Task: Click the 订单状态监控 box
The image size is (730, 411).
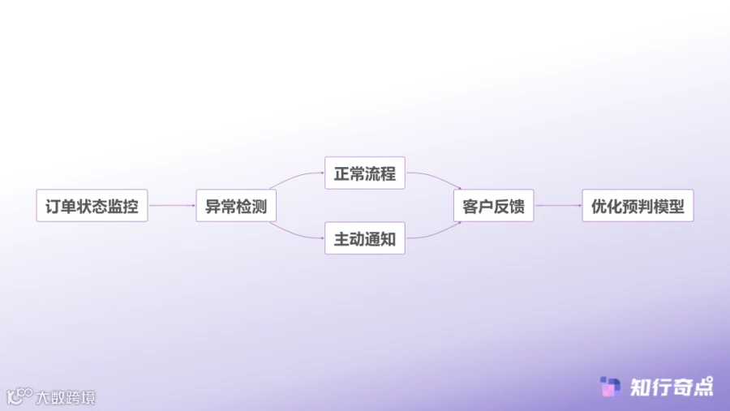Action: pos(92,206)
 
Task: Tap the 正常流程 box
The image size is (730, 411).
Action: pos(364,173)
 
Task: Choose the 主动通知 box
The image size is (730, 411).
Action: pos(364,238)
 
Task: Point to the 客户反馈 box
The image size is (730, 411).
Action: pos(493,206)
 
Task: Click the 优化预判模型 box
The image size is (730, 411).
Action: pos(638,206)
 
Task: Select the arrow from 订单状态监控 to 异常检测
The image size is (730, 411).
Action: pos(171,206)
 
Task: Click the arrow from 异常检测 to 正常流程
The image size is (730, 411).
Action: pos(297,180)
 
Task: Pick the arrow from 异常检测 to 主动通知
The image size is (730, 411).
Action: pos(297,232)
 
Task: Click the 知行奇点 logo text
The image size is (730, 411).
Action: pos(672,387)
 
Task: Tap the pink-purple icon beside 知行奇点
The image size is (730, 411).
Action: pos(610,387)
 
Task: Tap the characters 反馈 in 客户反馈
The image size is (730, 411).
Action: pos(509,206)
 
